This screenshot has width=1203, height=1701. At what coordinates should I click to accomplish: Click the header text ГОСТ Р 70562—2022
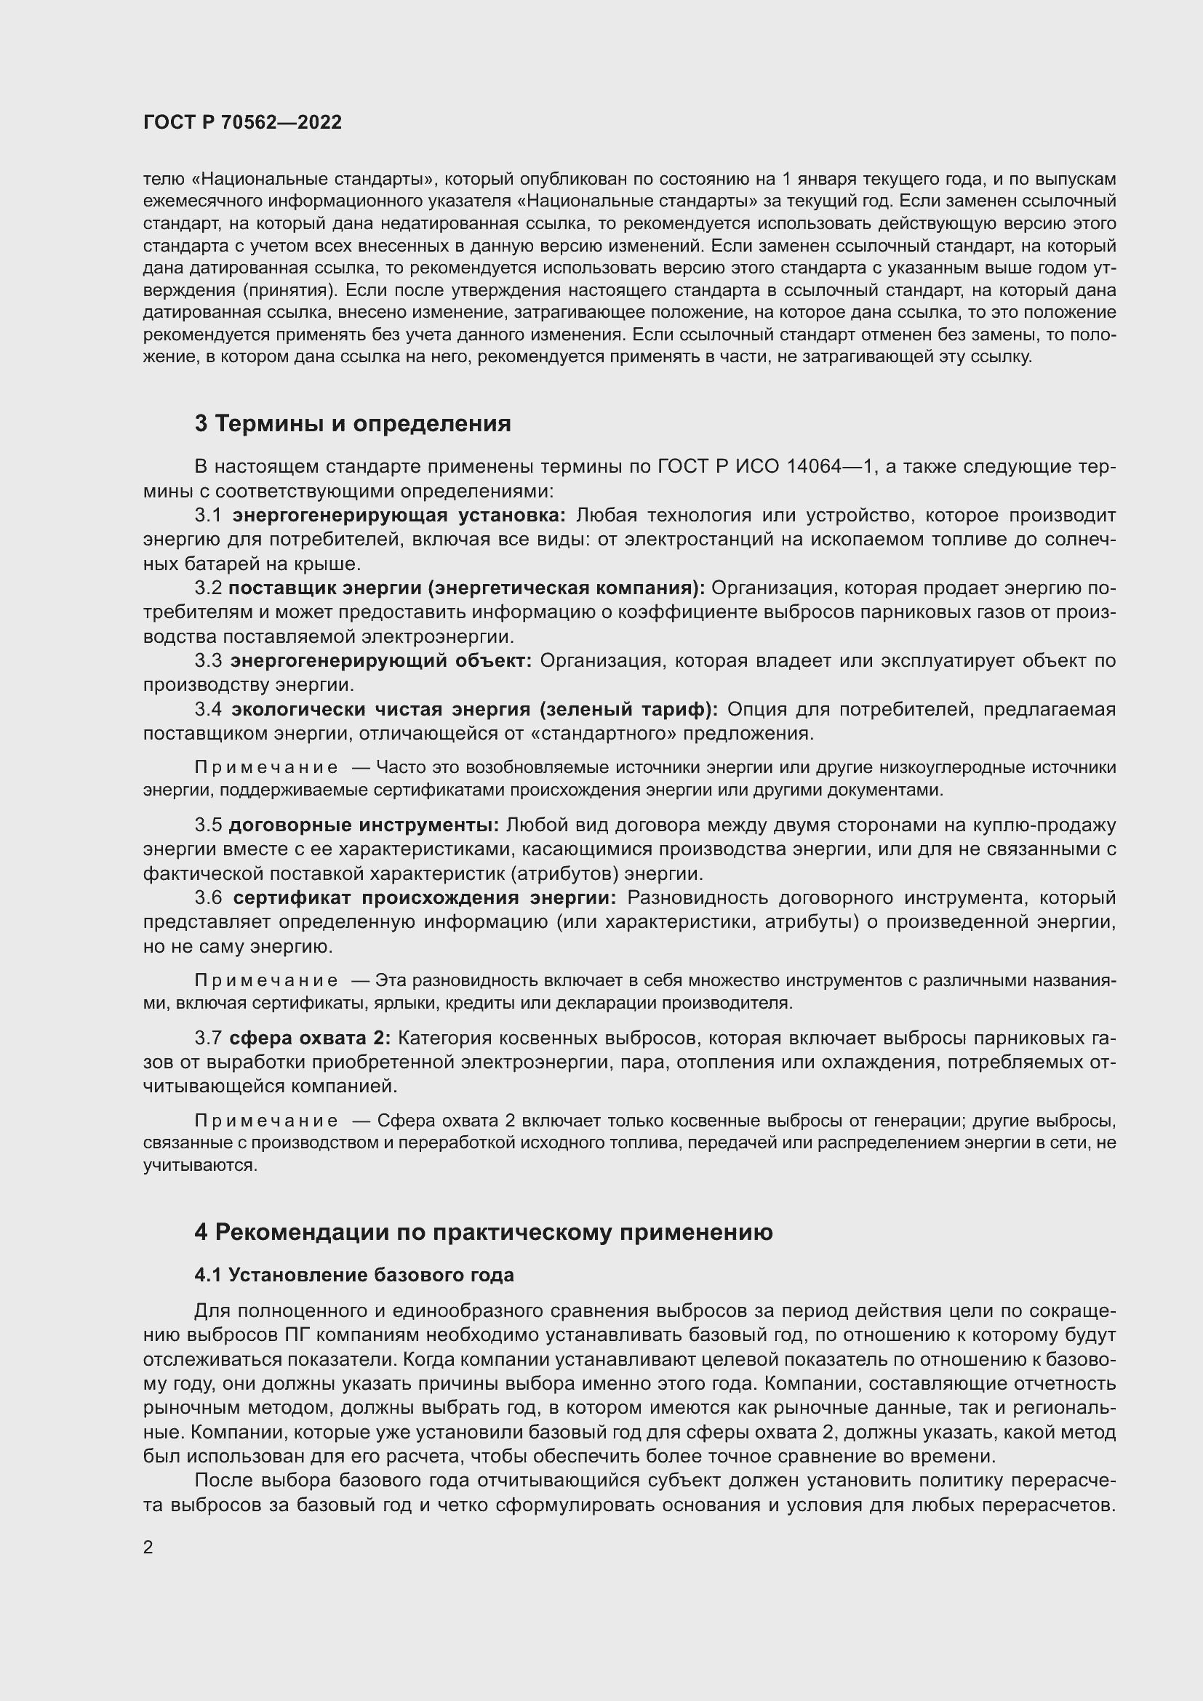242,122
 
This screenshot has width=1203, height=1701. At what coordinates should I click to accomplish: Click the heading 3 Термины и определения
353,423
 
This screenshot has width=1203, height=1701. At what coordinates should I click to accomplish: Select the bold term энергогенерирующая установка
399,515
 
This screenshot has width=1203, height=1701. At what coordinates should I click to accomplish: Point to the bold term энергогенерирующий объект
380,660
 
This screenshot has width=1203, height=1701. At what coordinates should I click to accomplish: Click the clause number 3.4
208,709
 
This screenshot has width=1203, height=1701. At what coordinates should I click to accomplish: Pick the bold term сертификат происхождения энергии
425,897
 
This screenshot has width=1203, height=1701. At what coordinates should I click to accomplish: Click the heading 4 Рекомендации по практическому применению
483,1232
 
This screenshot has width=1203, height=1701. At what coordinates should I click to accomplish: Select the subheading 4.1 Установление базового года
354,1274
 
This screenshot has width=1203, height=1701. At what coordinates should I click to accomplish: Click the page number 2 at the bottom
148,1547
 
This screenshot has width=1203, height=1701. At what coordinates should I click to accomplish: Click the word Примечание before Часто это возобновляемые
266,767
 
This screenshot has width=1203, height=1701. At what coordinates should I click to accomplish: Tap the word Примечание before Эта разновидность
266,981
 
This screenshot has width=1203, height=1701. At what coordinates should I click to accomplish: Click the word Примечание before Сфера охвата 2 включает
266,1121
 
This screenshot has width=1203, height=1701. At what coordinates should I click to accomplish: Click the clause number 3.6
208,897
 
